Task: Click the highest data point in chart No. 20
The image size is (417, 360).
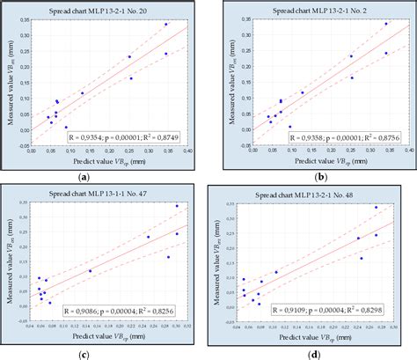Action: (x=166, y=25)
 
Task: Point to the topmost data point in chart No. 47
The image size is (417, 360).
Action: (x=177, y=206)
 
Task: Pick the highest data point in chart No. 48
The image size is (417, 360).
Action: (x=377, y=208)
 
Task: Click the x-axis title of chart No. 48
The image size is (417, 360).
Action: (x=314, y=339)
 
